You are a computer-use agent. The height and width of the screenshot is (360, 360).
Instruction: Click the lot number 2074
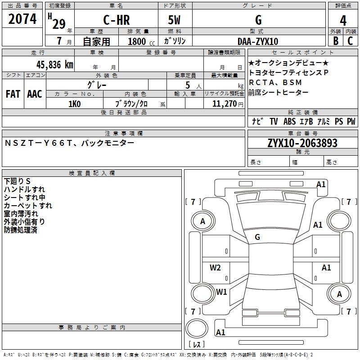[22, 19]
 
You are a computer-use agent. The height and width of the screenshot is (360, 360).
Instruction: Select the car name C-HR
[117, 20]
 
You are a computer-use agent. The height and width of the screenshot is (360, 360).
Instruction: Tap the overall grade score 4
[343, 21]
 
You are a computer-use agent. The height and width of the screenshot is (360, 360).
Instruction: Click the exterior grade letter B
[336, 41]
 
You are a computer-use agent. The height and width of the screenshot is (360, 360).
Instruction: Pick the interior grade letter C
[350, 41]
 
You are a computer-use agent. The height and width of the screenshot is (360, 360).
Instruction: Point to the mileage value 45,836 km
[55, 65]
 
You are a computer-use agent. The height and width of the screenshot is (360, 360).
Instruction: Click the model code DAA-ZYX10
[258, 41]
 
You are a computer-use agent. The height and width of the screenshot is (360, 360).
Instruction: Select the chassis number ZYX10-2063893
[302, 143]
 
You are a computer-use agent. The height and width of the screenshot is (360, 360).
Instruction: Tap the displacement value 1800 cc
[141, 41]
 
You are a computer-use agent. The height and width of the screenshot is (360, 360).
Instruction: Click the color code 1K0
[75, 104]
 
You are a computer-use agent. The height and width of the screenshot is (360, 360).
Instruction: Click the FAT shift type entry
[13, 94]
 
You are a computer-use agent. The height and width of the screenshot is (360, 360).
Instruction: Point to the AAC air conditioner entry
[35, 94]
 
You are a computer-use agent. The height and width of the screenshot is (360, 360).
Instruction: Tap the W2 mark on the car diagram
[215, 267]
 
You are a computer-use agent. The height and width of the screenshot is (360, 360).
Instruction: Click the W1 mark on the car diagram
[221, 292]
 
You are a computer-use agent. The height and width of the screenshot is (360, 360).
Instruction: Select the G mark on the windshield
[257, 237]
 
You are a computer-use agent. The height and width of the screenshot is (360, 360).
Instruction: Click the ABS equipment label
[289, 121]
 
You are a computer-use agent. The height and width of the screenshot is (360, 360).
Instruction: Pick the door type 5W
[174, 20]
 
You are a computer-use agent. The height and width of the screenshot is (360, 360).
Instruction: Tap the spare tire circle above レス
[197, 328]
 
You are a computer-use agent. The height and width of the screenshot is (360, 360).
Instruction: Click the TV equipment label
[274, 121]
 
